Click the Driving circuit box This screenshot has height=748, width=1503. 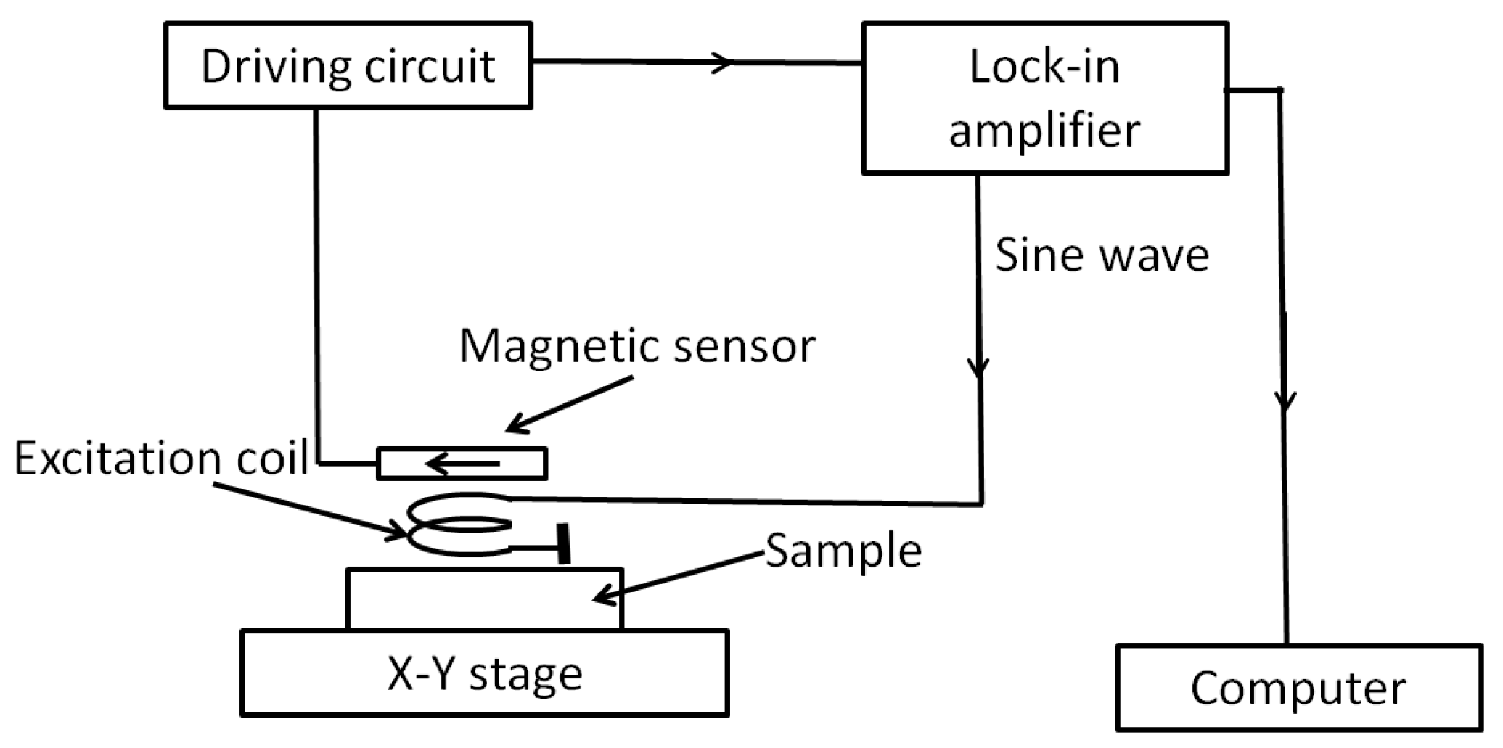(348, 66)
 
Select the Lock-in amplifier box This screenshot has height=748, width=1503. (1044, 99)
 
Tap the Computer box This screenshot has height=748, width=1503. (1298, 688)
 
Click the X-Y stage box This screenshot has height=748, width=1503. (484, 674)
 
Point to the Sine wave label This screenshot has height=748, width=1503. (1101, 255)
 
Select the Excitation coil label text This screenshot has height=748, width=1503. (161, 459)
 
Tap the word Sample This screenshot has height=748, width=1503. (843, 551)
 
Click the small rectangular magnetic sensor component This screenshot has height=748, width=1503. (462, 464)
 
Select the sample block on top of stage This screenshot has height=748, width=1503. (484, 599)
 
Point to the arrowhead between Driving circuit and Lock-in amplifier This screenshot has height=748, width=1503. (723, 62)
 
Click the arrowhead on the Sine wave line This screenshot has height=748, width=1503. (979, 367)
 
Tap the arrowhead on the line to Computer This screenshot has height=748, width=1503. (1285, 401)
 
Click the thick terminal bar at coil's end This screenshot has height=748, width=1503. (564, 543)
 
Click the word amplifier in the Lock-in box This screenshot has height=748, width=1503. (1044, 131)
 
